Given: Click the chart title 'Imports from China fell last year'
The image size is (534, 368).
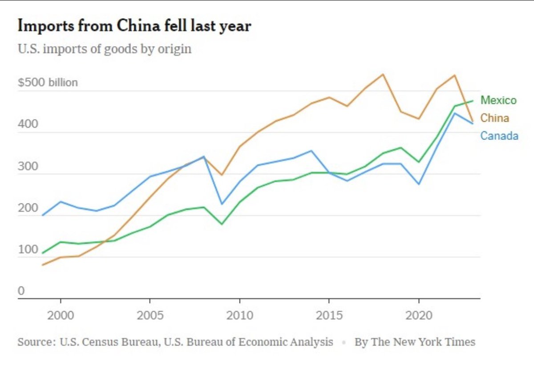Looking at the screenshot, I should (x=134, y=27).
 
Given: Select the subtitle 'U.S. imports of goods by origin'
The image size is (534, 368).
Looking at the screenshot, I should (x=105, y=48).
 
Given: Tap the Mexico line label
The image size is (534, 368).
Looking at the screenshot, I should (x=498, y=100).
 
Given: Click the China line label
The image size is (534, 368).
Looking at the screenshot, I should (x=494, y=118).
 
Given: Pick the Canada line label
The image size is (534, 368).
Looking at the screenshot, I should (x=499, y=136).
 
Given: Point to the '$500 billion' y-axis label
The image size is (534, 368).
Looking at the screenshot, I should (x=48, y=83).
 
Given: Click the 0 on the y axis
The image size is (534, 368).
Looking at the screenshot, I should (x=21, y=291).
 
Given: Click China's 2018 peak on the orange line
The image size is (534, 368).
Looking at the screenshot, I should (x=383, y=74).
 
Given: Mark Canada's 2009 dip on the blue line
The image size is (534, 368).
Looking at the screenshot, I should (x=222, y=204).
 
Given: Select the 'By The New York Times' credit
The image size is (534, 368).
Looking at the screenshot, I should (x=415, y=342).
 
